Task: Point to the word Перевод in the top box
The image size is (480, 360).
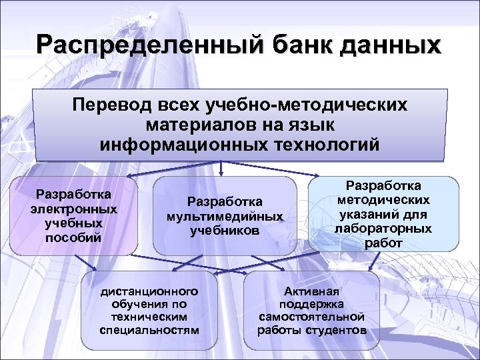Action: pos(112,106)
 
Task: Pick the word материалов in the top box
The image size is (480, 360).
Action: pos(195,125)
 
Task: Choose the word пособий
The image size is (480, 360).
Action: pos(74,236)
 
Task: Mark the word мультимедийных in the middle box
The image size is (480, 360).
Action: pos(225,216)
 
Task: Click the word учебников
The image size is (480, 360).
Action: pos(225,230)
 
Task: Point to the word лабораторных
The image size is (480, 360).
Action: pos(383,228)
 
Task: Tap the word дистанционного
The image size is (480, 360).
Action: pos(149,291)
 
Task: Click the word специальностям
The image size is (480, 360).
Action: pos(149,330)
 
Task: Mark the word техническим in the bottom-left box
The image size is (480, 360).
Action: pos(149,317)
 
